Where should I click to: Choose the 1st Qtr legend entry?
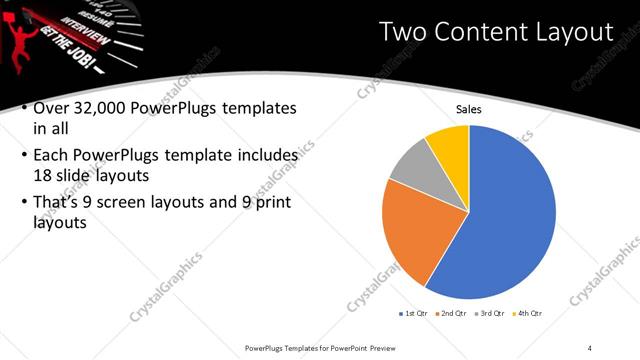coord(413,315)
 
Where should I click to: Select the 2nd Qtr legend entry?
coord(454,315)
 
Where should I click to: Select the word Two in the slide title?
coord(405,32)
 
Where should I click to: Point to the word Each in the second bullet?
coord(54,156)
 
